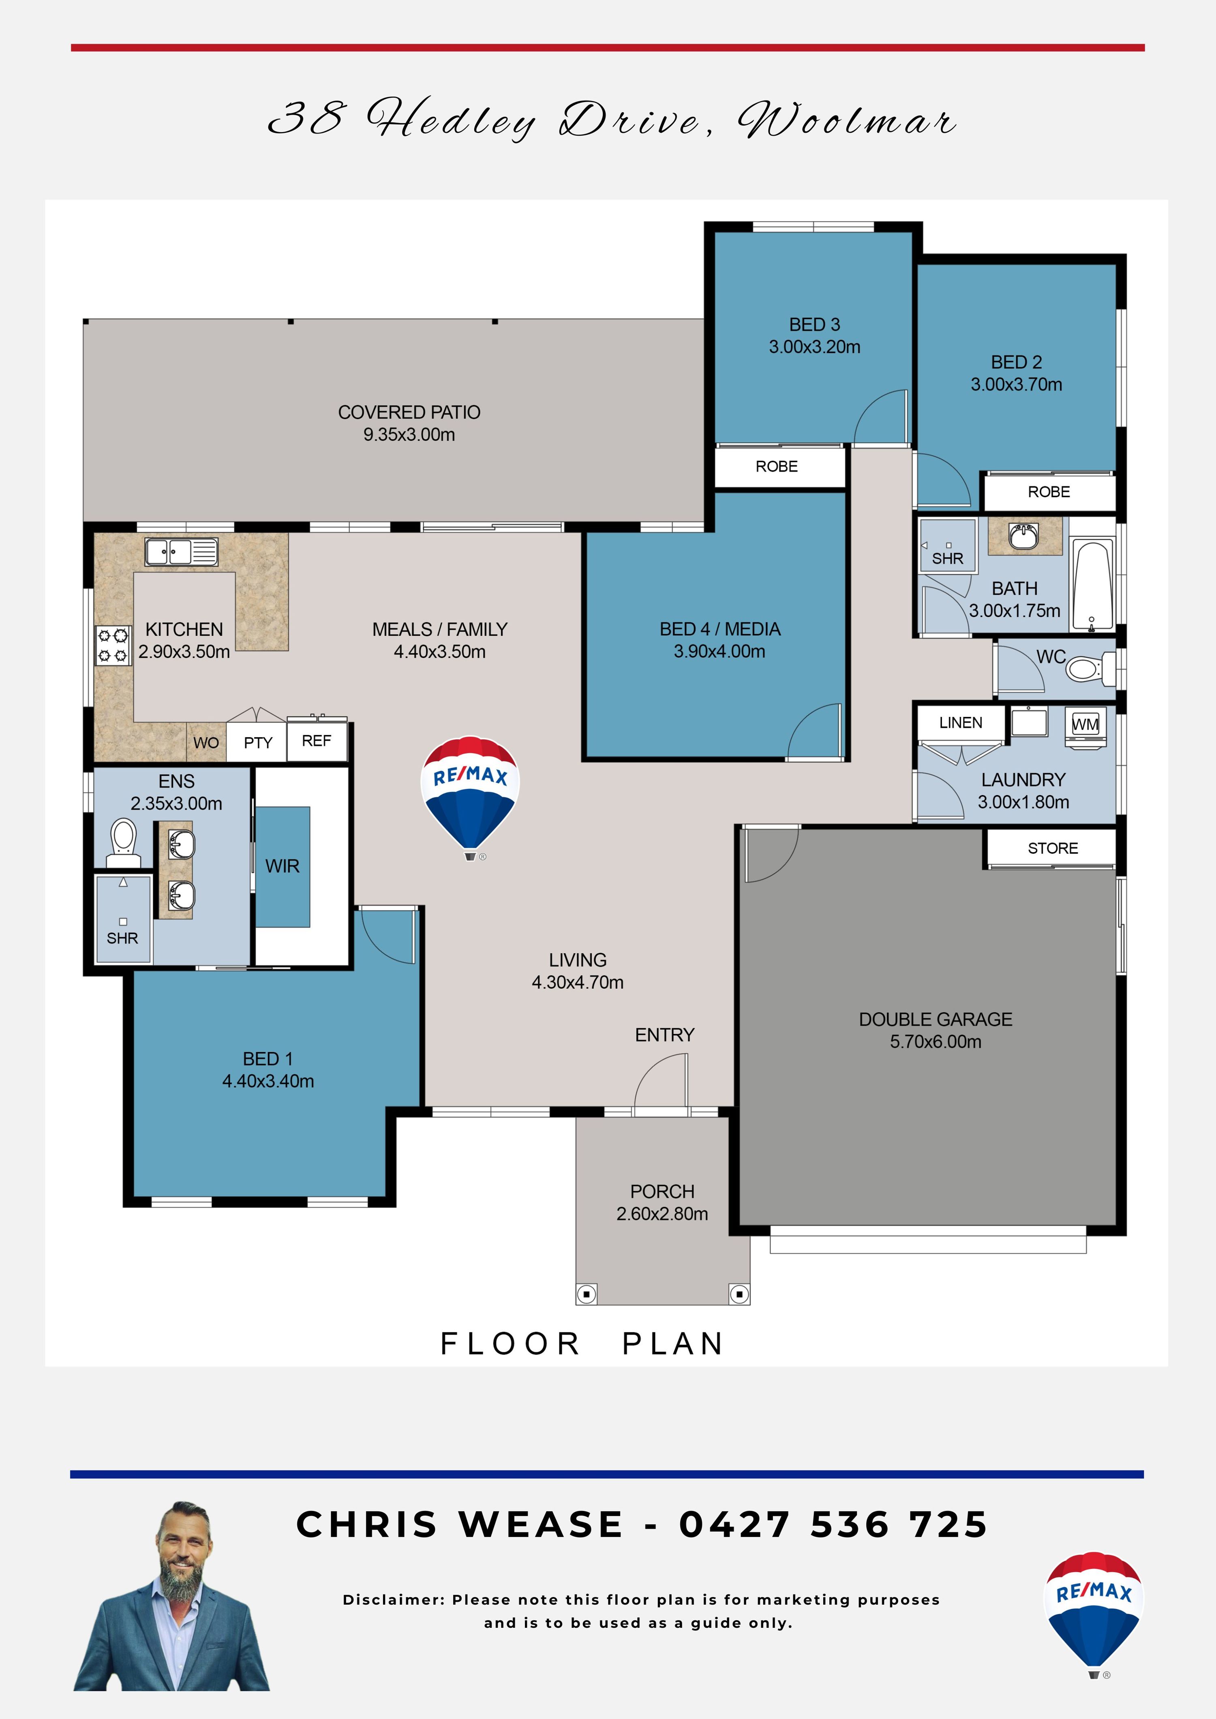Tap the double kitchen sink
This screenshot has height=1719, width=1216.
181,552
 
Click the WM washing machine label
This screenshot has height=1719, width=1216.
1085,724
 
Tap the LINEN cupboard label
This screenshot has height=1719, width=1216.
961,723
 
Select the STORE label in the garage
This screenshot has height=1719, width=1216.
1053,848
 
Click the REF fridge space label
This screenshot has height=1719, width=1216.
317,740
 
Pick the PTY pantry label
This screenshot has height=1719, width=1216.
258,743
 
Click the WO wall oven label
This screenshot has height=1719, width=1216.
206,743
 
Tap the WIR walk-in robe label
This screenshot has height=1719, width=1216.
282,866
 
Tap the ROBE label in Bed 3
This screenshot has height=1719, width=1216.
777,466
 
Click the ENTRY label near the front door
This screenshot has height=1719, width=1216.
665,1035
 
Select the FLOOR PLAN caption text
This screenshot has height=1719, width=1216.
582,1344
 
